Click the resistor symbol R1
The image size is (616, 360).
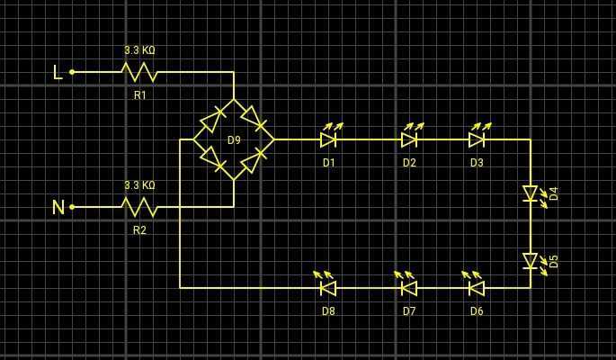139,72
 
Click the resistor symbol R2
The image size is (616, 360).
139,207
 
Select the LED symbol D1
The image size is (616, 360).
328,139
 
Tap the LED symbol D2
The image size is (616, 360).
409,139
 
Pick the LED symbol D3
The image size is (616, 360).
477,139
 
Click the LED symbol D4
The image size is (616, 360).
531,193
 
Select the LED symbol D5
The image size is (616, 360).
531,261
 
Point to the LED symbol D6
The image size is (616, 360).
477,288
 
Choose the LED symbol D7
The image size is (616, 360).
409,288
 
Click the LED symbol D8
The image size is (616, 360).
328,288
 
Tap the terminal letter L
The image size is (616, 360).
58,72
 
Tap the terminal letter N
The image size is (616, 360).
58,207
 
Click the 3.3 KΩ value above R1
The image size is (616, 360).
139,50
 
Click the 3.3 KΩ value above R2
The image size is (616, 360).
139,185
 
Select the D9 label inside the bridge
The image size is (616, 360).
234,140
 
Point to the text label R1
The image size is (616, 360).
139,94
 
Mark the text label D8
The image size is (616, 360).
328,311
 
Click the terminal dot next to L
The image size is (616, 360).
72,72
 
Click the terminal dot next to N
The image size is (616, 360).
72,207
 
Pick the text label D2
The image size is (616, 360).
409,163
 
